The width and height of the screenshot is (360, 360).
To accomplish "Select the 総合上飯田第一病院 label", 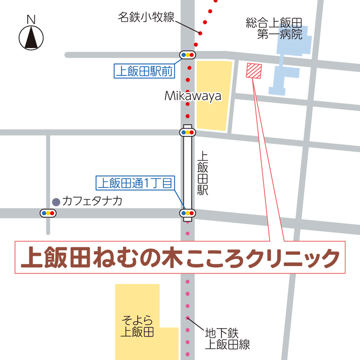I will [274, 28].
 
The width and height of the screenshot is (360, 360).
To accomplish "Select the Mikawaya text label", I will [193, 96].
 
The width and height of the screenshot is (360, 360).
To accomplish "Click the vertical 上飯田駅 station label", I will [202, 173].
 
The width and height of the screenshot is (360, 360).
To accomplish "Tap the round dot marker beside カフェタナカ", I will [56, 202].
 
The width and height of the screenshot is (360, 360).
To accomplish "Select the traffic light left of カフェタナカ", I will [48, 213].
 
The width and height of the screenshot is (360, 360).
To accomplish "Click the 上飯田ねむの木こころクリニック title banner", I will [180, 258].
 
